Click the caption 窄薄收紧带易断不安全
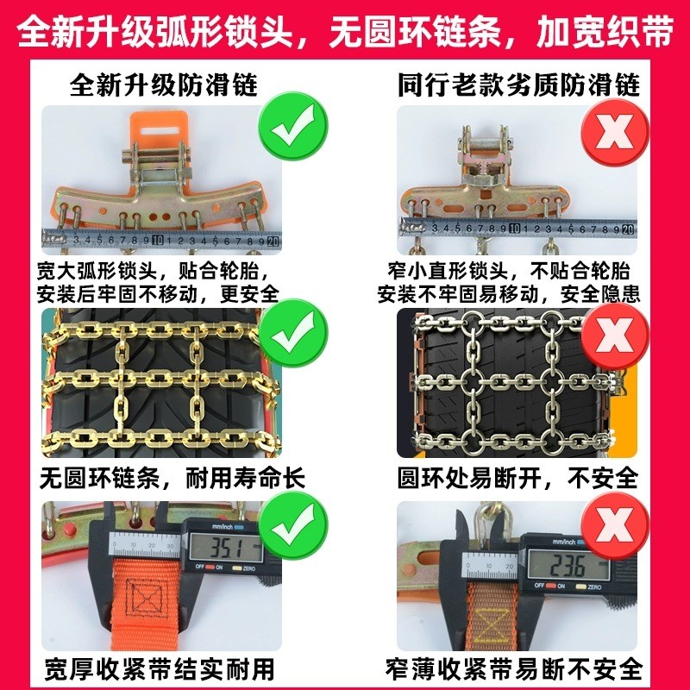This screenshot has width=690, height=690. (x=515, y=668)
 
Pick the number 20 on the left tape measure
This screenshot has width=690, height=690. (x=273, y=241)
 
